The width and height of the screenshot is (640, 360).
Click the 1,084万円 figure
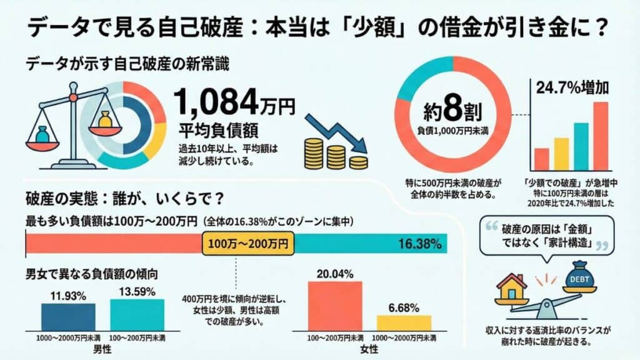click(234, 102)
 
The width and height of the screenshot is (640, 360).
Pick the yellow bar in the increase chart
click(561, 154)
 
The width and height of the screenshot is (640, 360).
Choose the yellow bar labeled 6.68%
click(403, 322)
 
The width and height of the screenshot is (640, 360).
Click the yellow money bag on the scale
click(104, 121)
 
